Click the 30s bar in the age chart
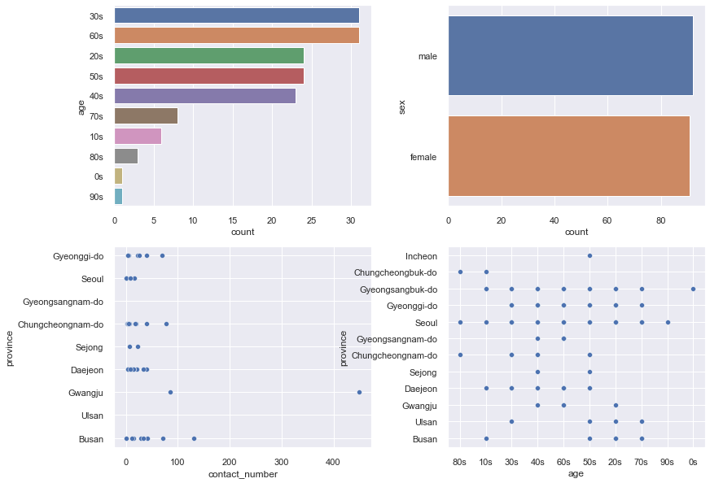(x=236, y=15)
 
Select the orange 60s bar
(x=236, y=36)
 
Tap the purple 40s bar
(x=204, y=96)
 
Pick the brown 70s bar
(x=146, y=116)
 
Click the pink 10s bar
(x=138, y=136)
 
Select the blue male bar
(x=570, y=56)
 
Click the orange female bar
(x=568, y=155)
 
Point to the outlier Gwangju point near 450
(x=359, y=392)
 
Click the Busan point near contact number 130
(x=194, y=438)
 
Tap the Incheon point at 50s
(x=589, y=255)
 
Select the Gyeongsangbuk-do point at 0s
(x=693, y=289)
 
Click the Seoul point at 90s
(x=668, y=322)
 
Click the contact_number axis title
(x=243, y=474)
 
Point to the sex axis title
(x=402, y=106)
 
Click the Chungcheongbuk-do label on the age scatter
(x=396, y=272)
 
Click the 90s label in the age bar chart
(x=95, y=197)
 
